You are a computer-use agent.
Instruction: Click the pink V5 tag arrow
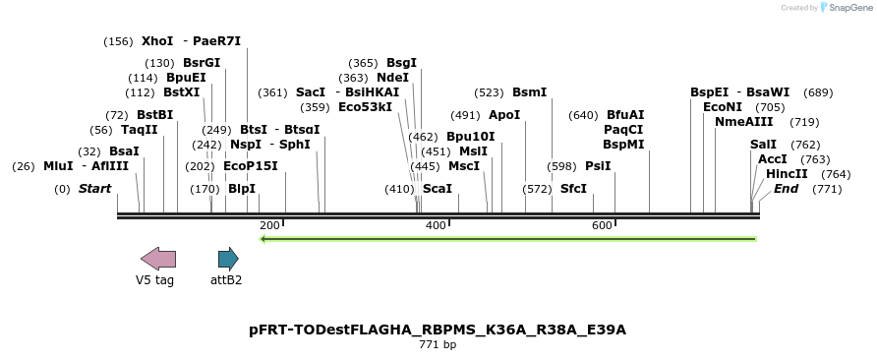(158, 260)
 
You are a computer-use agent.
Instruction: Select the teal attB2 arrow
(228, 260)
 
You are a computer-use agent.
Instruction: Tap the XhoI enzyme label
(157, 41)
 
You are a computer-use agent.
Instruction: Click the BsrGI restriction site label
(202, 63)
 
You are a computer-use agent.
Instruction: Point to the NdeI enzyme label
(392, 78)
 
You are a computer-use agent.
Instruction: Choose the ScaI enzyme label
(437, 189)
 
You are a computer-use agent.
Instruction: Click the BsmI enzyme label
(529, 92)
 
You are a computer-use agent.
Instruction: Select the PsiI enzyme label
(598, 166)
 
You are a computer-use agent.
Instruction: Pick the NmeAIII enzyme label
(743, 122)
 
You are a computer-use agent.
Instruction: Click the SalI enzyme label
(763, 145)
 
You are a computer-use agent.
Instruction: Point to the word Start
(95, 189)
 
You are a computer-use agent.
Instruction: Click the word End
(787, 189)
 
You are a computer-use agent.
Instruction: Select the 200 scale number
(269, 226)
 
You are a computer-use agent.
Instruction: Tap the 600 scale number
(602, 226)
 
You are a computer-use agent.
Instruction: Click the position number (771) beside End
(827, 189)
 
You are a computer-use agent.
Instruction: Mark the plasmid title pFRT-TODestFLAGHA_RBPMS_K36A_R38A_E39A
(438, 330)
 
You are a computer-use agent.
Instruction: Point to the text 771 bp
(438, 345)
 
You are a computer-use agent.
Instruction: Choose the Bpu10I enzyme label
(471, 137)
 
